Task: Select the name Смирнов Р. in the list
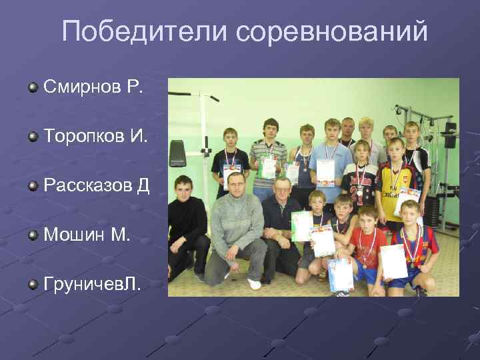point(93,86)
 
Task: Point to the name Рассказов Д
point(96,185)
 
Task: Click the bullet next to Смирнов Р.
point(32,87)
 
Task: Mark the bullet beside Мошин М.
point(32,235)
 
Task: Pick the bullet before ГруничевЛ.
point(32,285)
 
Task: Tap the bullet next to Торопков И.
point(32,137)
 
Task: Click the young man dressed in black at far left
point(185,223)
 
